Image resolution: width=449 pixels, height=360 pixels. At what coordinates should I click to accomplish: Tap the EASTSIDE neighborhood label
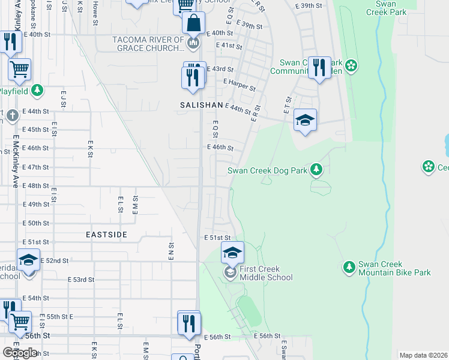tap(106, 235)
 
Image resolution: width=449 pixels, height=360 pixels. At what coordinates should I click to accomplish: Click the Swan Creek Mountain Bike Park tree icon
tap(349, 267)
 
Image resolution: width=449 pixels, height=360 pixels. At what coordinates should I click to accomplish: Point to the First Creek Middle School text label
tap(266, 273)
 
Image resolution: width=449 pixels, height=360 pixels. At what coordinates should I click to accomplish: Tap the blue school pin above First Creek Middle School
tap(232, 253)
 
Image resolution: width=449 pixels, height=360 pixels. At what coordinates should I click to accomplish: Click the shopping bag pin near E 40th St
tap(194, 26)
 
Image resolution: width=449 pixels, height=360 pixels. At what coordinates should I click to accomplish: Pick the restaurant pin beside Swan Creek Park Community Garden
tap(319, 68)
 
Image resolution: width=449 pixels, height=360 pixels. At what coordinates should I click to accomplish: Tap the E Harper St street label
tap(239, 85)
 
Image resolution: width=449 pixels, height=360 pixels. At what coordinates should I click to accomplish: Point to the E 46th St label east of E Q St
tap(220, 147)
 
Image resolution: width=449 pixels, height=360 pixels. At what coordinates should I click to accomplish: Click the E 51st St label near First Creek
tap(217, 238)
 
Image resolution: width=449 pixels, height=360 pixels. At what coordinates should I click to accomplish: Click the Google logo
tap(20, 353)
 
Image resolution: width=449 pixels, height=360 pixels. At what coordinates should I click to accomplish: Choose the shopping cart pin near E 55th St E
tap(20, 322)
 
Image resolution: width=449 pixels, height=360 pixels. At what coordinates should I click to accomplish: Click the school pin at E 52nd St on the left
tap(28, 260)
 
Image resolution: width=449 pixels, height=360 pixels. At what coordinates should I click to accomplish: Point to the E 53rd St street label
tap(81, 280)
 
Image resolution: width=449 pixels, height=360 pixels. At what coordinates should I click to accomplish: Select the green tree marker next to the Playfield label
tap(38, 91)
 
